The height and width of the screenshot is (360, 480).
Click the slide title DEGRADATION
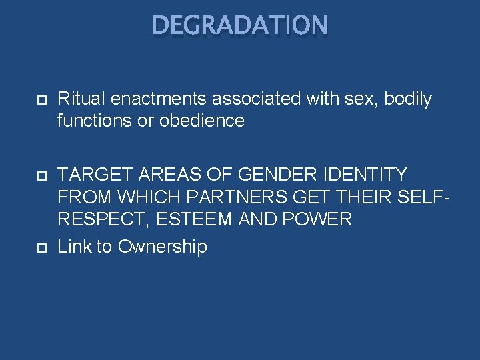click(240, 25)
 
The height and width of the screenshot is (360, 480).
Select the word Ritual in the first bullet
click(76, 99)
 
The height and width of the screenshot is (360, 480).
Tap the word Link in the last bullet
click(75, 247)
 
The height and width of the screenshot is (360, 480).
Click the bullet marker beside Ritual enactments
click(41, 100)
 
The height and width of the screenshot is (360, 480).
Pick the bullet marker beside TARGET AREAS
click(41, 175)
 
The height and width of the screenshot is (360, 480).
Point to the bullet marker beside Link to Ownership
click(41, 247)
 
